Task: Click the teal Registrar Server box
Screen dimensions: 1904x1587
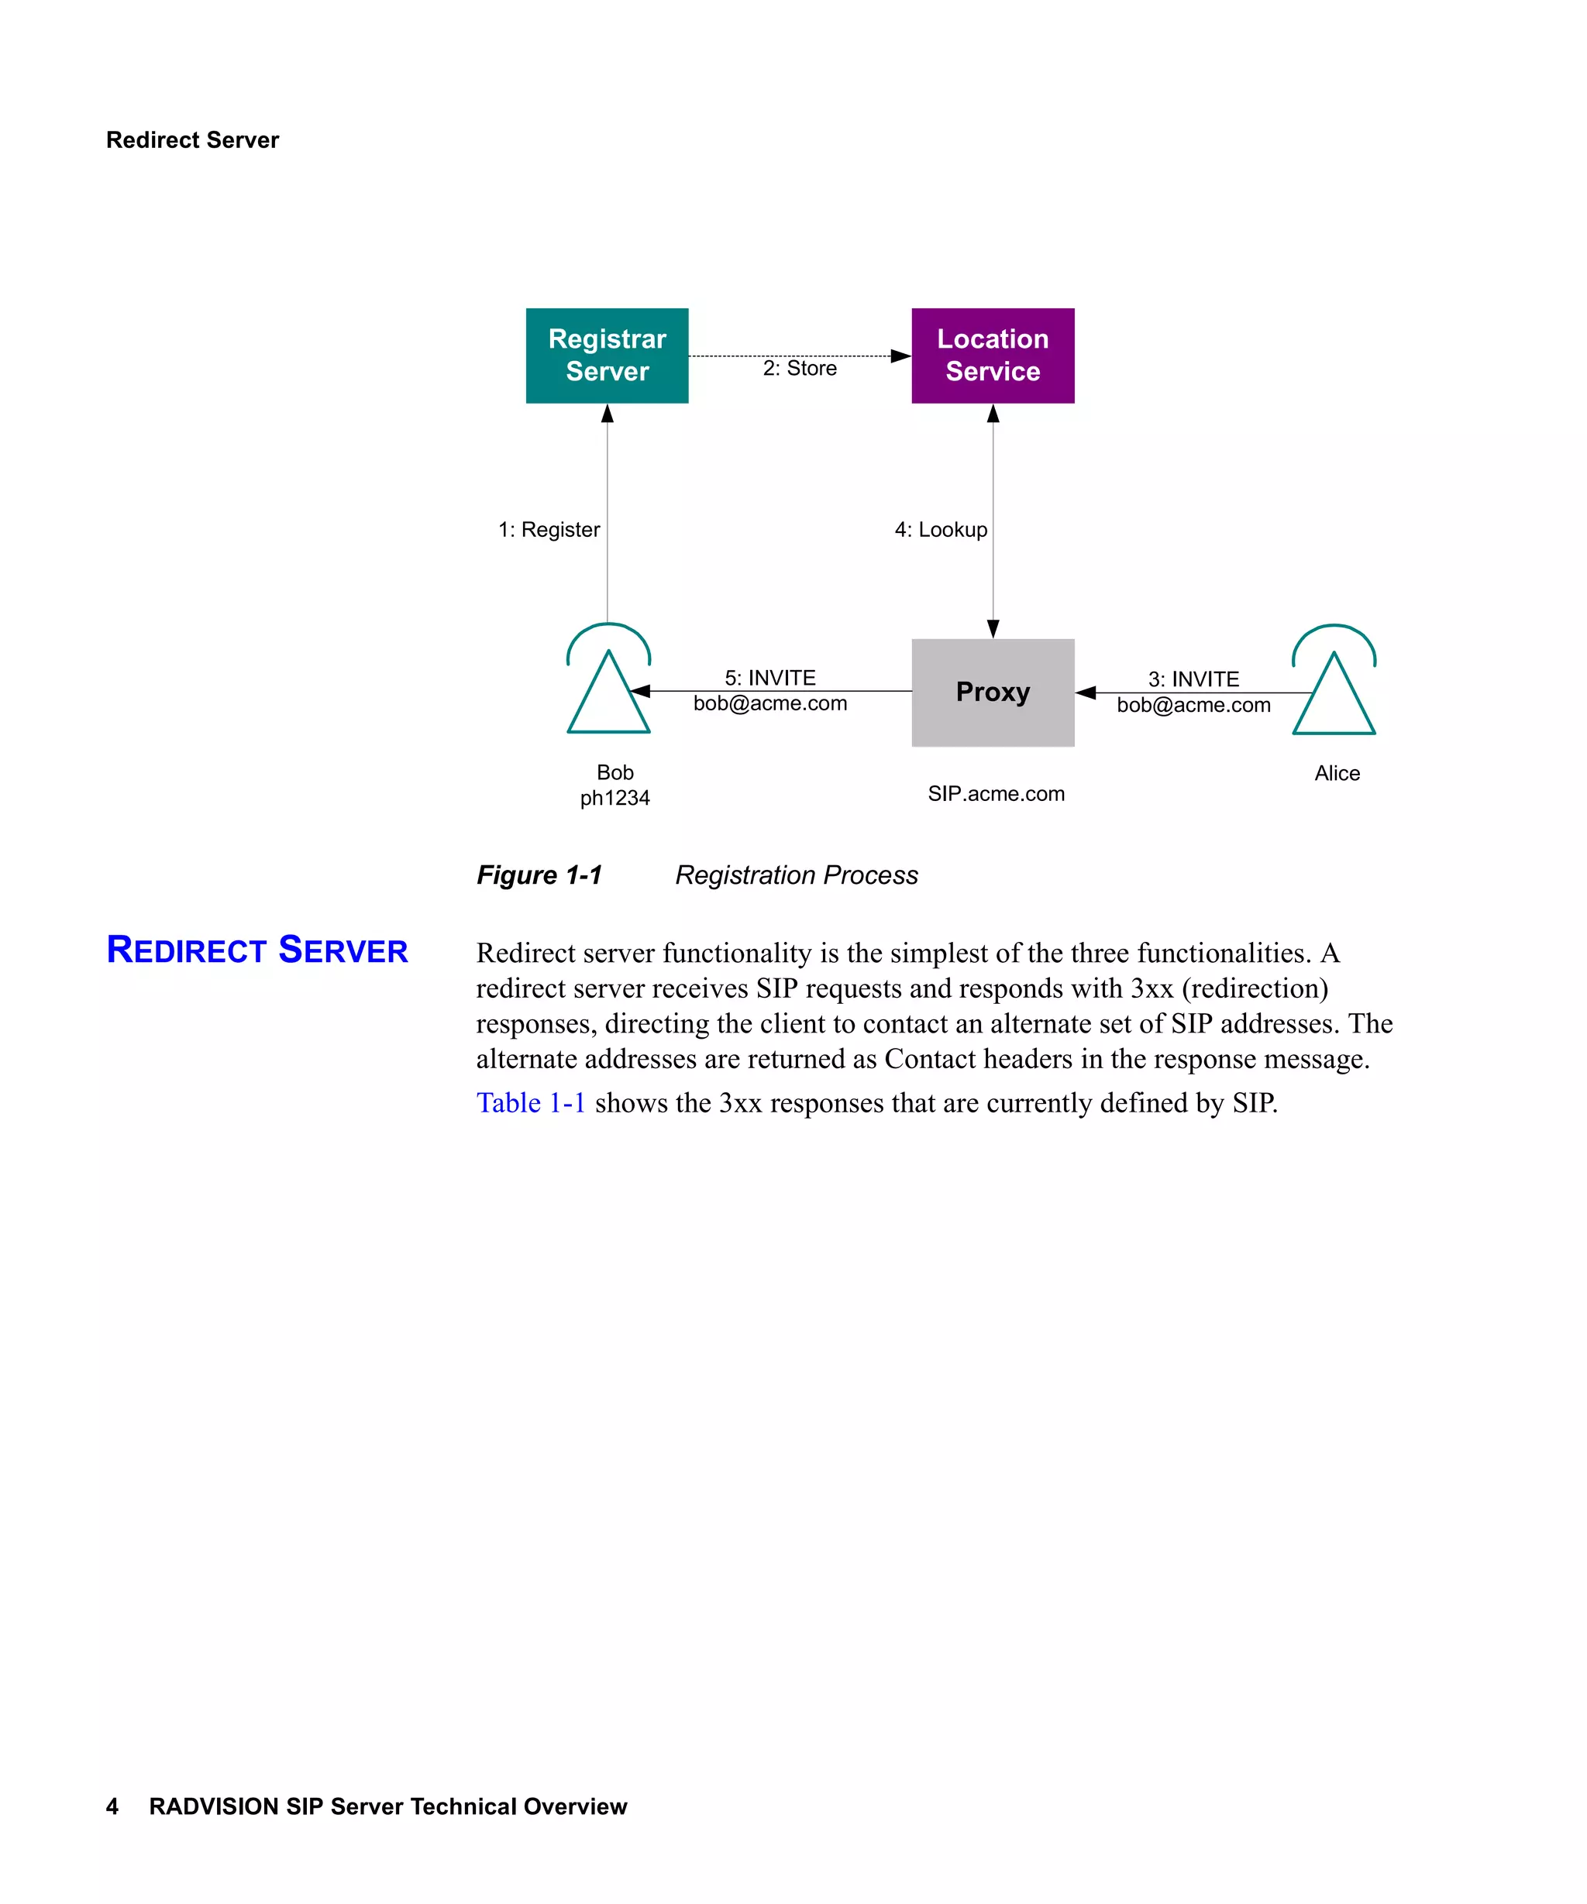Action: [x=607, y=356]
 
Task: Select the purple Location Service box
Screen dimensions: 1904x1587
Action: [x=992, y=356]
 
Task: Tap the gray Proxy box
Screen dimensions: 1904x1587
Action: [x=992, y=693]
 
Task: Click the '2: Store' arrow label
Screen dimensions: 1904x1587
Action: [x=799, y=368]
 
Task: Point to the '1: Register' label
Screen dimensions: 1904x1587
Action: [x=549, y=530]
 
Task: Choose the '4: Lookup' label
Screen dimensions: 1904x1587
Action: [x=941, y=530]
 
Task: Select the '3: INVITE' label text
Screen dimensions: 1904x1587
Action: [x=1193, y=679]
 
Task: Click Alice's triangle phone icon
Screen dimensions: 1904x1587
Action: [x=1333, y=696]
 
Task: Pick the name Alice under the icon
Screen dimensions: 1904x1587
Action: [x=1337, y=773]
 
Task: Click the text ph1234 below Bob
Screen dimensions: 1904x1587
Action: [x=614, y=798]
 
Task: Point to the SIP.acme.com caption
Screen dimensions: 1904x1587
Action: [x=996, y=794]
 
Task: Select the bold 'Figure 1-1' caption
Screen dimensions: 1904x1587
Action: [x=539, y=875]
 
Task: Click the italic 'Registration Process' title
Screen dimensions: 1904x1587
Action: [x=797, y=875]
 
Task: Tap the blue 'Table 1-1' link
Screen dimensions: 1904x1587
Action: [x=531, y=1102]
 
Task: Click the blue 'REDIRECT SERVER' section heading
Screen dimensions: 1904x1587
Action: [x=256, y=950]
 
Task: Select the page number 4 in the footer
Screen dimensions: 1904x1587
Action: [x=112, y=1806]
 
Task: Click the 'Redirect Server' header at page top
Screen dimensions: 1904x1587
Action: [x=192, y=139]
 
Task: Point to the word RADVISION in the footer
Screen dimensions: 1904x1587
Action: [x=213, y=1806]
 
